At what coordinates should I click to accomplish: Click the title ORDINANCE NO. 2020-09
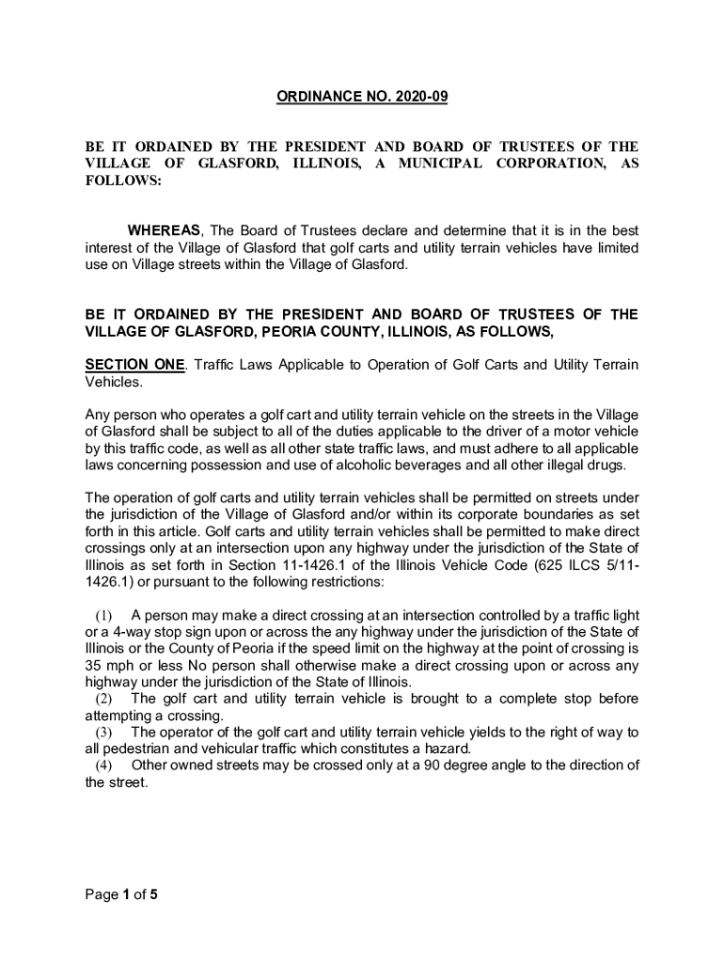point(362,97)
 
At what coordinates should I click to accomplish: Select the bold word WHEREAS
point(165,230)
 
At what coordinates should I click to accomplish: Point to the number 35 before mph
point(94,665)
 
